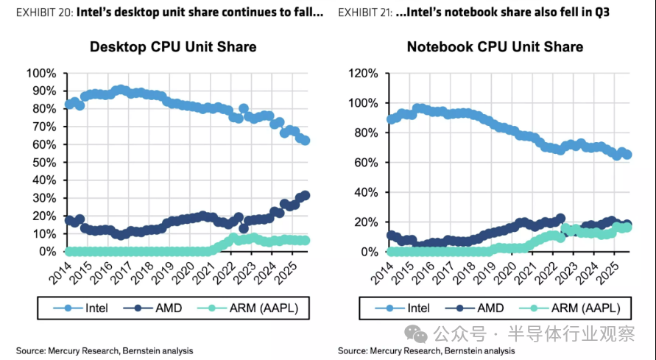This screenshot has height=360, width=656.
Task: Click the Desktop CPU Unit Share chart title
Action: tap(173, 47)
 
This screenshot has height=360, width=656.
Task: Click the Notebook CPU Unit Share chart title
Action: tap(495, 47)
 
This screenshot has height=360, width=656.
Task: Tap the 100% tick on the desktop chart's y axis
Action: tap(40, 74)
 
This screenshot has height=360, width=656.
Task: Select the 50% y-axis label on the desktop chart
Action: tap(43, 163)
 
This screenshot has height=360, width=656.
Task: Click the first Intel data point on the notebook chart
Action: tap(390, 119)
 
